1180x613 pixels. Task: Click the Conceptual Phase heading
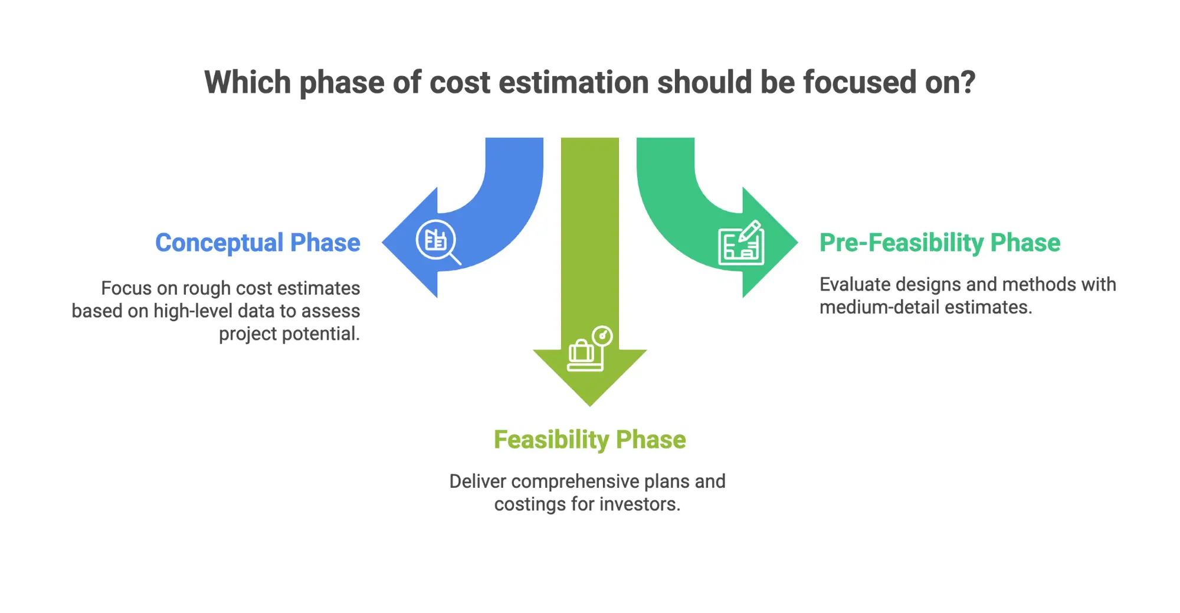click(257, 243)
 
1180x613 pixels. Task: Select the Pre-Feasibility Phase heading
click(939, 243)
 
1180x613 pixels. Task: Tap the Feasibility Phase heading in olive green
click(589, 440)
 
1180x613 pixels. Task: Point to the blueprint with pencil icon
click(741, 243)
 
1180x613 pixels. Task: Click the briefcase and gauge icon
click(589, 350)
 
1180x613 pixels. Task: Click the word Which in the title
click(248, 82)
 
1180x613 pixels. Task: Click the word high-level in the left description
click(193, 311)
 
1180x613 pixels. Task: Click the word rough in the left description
click(206, 288)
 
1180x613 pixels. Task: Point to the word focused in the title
click(861, 82)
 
